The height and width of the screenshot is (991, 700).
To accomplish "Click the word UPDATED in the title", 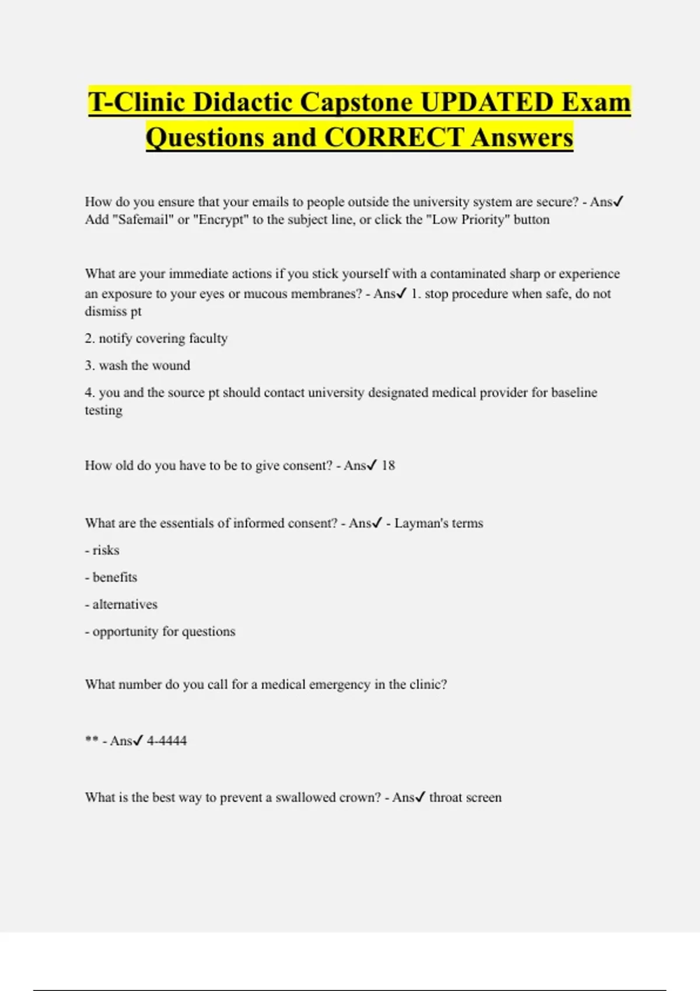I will tap(487, 103).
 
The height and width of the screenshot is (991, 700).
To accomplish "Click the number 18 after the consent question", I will tap(388, 466).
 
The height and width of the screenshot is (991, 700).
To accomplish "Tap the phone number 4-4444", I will tap(167, 741).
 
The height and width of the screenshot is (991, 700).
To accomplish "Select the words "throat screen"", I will tap(465, 797).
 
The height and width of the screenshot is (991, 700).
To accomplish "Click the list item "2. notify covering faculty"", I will tap(156, 339).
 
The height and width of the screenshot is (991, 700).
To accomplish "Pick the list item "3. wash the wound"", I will tap(137, 366).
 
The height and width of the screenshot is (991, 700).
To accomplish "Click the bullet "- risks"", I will tap(102, 550).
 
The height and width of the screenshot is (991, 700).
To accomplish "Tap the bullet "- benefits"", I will tap(111, 578).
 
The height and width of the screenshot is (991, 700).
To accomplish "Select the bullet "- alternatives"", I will tap(121, 605).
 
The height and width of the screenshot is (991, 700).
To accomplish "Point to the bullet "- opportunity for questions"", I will tap(160, 632).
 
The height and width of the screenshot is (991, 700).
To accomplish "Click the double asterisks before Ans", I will tap(91, 740).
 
